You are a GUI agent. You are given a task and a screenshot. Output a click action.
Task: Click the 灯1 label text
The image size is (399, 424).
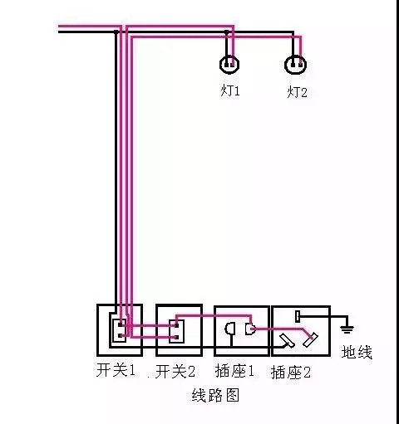230,90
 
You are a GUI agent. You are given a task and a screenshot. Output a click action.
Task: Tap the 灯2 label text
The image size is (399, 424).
297,92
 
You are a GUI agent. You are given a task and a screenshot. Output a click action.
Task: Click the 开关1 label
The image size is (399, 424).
116,370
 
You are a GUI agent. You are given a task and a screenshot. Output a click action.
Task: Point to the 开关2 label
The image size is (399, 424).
175,371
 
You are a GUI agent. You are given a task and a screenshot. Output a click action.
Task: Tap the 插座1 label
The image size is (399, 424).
234,371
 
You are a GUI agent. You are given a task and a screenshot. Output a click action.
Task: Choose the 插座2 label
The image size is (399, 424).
291,373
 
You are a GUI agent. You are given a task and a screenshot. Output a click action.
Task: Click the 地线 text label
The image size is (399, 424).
357,352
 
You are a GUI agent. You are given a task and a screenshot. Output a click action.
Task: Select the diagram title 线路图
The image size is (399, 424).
215,395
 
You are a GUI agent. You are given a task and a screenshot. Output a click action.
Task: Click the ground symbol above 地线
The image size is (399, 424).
347,329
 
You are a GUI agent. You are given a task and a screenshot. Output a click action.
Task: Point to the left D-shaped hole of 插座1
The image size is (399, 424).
230,329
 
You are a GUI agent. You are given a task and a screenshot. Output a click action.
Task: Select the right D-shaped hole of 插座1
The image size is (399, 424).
250,329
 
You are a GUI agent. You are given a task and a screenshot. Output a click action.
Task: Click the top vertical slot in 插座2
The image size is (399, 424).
298,316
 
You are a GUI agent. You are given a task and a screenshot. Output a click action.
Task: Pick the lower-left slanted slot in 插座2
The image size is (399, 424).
288,340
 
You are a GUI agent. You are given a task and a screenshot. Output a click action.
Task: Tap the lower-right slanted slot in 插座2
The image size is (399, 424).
310,340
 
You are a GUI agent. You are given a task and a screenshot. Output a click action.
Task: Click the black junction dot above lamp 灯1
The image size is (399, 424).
227,32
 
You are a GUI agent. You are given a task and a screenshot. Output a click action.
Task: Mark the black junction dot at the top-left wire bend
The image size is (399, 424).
116,32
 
